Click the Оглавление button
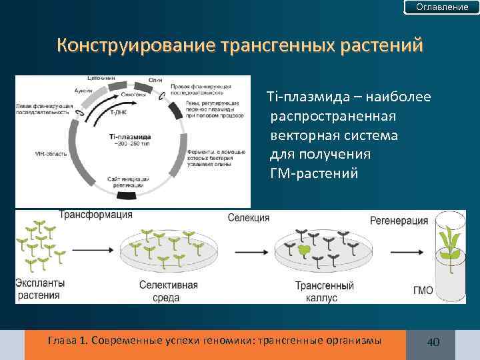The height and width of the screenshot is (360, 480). click(442, 7)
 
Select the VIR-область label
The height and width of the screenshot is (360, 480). click(51, 154)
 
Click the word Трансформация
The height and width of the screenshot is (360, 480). click(96, 215)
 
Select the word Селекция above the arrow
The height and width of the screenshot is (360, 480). click(248, 218)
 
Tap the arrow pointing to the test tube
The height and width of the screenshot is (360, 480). click(399, 252)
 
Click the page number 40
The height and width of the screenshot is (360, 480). click(433, 342)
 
